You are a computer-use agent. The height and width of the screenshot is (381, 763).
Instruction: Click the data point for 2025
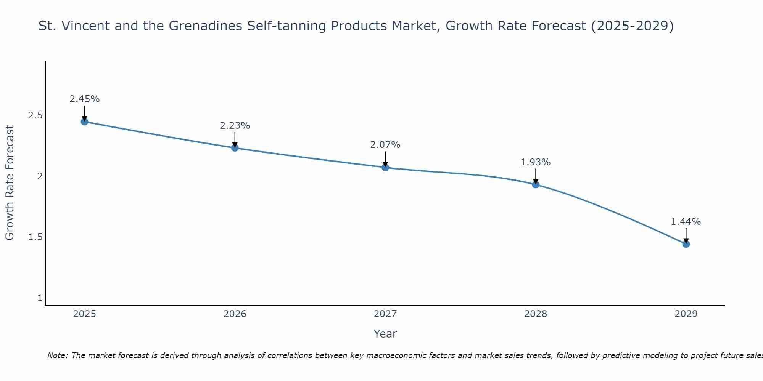[x=85, y=122]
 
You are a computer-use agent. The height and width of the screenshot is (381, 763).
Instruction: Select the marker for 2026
[x=235, y=148]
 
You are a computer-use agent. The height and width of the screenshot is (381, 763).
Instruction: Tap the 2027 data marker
[x=385, y=167]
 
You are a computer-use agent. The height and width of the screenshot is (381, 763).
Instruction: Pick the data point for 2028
[x=536, y=184]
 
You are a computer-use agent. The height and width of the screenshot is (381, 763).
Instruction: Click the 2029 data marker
[x=686, y=244]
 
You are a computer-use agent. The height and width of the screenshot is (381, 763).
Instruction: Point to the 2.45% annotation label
[x=85, y=99]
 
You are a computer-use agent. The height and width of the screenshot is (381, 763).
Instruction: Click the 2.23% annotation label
[x=235, y=126]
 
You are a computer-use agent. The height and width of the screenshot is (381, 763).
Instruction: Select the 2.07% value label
[x=385, y=145]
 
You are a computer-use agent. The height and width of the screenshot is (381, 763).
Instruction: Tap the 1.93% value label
[x=536, y=162]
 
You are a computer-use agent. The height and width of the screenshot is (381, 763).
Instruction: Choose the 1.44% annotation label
[x=686, y=222]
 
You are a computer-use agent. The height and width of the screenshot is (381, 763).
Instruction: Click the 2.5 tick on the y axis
[x=35, y=115]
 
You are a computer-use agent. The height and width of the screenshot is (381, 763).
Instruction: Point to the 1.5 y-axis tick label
[x=35, y=237]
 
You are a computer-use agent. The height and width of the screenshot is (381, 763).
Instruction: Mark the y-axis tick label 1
[x=40, y=298]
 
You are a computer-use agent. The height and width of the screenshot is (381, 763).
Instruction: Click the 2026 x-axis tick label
[x=235, y=314]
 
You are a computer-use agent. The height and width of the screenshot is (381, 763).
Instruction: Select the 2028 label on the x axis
[x=536, y=314]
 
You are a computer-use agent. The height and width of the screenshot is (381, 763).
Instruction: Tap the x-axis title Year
[x=385, y=334]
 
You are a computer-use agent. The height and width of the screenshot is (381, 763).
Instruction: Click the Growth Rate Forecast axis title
[x=10, y=183]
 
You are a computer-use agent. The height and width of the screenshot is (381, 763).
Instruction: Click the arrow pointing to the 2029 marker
[x=686, y=235]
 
